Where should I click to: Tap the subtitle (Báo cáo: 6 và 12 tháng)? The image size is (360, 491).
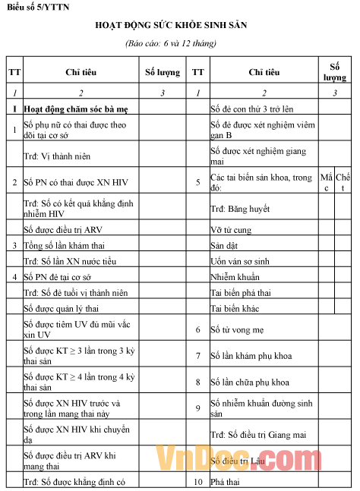pos(180,44)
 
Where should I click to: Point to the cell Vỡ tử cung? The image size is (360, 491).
pos(229,229)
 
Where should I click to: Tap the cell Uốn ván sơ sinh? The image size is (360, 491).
pos(240,262)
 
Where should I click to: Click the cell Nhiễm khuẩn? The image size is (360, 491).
pos(233,278)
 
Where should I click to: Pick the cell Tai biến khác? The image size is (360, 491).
pos(235,309)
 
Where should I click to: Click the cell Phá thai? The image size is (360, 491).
pos(225,482)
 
